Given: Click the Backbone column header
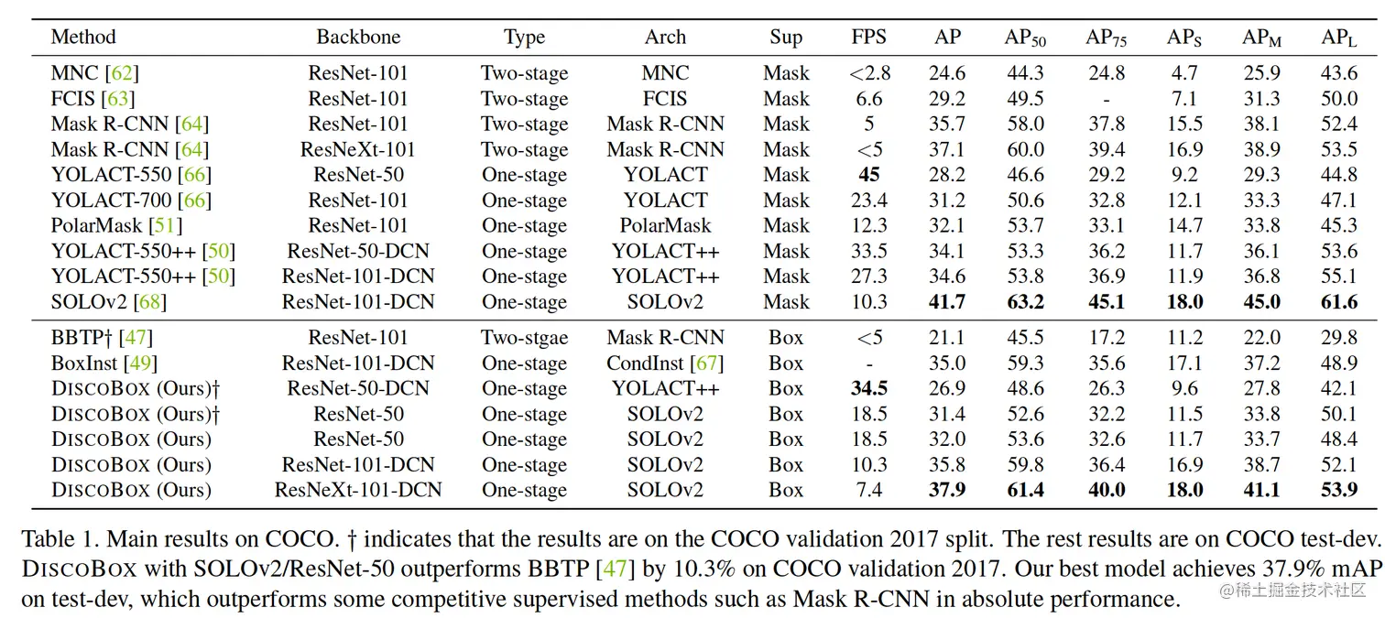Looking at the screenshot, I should [358, 38].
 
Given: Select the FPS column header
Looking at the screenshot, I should [868, 38].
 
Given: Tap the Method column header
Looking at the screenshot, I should [83, 38].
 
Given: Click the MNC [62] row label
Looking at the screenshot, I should [95, 73].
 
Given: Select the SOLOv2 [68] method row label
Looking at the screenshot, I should [109, 302].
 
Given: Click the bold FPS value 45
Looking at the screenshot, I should [868, 175].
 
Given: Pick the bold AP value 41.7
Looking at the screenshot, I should [947, 302].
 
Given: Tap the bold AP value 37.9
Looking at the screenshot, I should [947, 490].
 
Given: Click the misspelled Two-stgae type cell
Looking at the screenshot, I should [524, 338].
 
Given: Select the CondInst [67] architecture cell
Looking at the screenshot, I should [665, 363].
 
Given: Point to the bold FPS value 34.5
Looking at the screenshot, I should [868, 388].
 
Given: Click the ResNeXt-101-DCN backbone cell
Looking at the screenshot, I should [358, 490].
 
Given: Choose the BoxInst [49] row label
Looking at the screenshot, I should [102, 363].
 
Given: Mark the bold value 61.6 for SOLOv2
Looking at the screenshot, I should [1338, 302].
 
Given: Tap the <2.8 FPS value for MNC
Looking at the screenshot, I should [868, 73].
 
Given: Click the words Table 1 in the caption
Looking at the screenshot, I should [54, 537].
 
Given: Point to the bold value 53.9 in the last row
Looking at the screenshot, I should [1338, 490].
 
